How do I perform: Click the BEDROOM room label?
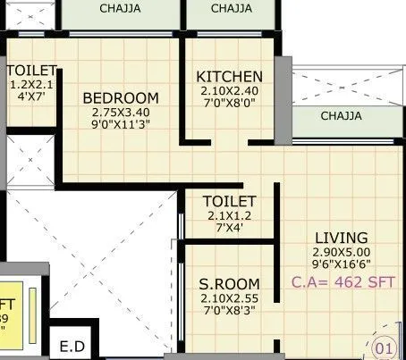pos(121,98)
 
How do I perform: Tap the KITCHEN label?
pos(230,77)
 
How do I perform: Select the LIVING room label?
pos(341,238)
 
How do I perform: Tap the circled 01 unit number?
pos(384,346)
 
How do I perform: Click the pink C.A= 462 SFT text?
pos(343,282)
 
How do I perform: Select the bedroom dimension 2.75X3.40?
pos(121,113)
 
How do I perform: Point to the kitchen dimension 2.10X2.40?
pos(230,92)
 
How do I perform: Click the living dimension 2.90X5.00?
pos(342,253)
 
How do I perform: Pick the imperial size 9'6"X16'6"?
pos(342,265)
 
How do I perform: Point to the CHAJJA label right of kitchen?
pos(341,116)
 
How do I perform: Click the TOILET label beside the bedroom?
pos(31,71)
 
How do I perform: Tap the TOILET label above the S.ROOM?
pos(230,202)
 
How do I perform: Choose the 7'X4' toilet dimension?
pos(230,229)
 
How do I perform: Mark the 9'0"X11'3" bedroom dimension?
pos(121,126)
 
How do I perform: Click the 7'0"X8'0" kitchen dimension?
pos(230,105)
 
